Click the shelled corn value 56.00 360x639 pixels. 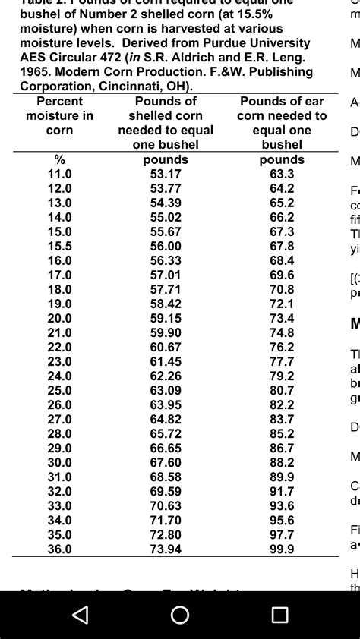point(166,246)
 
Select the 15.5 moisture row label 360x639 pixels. point(60,246)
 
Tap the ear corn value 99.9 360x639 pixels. point(282,549)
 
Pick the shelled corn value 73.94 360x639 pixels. point(166,549)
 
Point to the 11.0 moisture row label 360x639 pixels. point(60,174)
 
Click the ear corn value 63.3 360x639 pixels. point(282,174)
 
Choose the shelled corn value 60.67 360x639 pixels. point(166,347)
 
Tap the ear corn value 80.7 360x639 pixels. point(282,390)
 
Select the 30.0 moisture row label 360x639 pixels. point(60,462)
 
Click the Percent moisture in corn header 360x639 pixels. point(60,115)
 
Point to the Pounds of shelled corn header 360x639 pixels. point(166,122)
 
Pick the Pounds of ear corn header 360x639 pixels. point(282,122)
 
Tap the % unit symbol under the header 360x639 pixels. point(60,159)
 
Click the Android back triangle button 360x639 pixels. point(80,615)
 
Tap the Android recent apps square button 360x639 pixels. point(279,615)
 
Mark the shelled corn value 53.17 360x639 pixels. point(166,174)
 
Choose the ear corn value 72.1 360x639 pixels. point(282,304)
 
